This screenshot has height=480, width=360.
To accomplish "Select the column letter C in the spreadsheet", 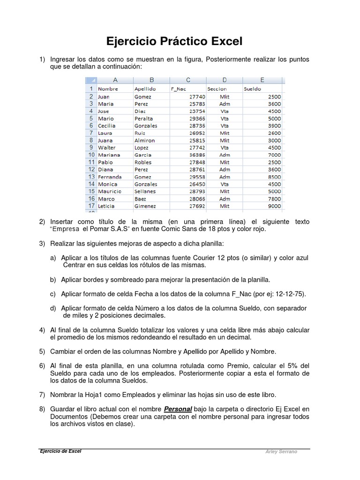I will pos(188,80).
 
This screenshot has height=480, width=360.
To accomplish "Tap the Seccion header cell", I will pos(217,89).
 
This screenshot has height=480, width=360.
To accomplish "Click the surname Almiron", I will pos(144,140).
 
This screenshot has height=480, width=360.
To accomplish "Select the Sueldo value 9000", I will pos(274,206).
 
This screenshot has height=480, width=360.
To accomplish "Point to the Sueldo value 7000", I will pos(274,155).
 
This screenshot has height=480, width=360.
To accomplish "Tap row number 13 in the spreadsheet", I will pos(90,177).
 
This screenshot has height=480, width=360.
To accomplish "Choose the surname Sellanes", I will pos(145,191).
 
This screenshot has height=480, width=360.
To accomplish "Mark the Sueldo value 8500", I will pos(274,177).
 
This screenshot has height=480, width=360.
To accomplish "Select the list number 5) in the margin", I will pos(42,351).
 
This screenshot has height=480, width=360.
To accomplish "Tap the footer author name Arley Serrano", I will pos(281,452).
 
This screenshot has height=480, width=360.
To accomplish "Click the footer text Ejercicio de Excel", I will pos(60,451).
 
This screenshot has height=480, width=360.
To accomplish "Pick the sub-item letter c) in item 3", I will pos(53,294).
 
